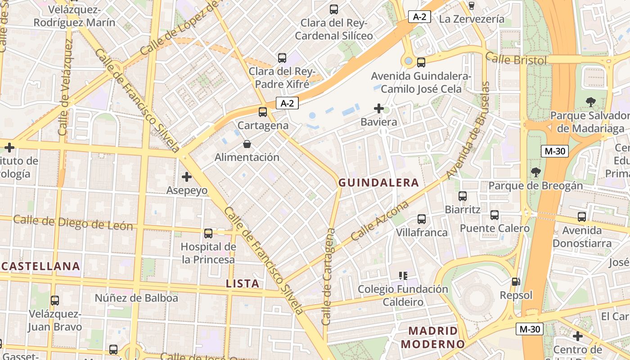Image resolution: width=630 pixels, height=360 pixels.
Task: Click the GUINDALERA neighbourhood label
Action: (x=378, y=183)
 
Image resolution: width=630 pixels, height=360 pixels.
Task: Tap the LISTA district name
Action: (x=243, y=283)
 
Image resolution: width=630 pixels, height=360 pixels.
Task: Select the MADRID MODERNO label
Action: (x=432, y=337)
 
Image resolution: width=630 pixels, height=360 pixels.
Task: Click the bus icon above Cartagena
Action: (x=263, y=112)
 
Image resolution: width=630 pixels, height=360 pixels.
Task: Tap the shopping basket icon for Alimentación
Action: (x=247, y=144)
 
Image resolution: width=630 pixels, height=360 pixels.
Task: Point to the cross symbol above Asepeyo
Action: (x=187, y=177)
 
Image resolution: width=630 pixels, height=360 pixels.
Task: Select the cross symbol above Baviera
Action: (x=379, y=108)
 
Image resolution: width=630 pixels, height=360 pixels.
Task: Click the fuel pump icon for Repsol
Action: (x=516, y=282)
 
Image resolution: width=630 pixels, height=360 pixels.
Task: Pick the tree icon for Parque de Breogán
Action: (x=535, y=172)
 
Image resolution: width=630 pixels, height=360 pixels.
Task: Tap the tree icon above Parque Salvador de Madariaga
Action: (x=590, y=102)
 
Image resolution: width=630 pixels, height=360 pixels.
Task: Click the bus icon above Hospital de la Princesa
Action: (x=208, y=233)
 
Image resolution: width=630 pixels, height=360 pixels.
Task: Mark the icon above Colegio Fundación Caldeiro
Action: (x=403, y=275)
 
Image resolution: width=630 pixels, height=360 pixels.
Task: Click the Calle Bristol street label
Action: (x=516, y=59)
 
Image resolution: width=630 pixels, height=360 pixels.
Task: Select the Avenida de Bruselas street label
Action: (x=468, y=130)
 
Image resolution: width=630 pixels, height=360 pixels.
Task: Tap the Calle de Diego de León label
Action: (x=73, y=222)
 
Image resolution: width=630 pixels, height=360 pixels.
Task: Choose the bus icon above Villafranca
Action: (x=422, y=219)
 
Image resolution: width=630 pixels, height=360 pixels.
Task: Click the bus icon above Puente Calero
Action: (x=495, y=215)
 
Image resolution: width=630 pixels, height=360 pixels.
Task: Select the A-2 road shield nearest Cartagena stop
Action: (x=287, y=103)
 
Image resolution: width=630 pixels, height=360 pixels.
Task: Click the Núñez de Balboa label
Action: (x=136, y=298)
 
